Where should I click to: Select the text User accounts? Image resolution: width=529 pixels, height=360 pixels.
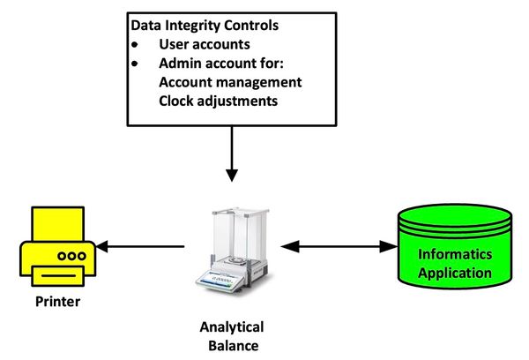(x=205, y=43)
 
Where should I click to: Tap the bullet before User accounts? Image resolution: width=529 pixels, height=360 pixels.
(x=135, y=44)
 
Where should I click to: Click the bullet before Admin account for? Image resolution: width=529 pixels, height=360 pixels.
(x=135, y=64)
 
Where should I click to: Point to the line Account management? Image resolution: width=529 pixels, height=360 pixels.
(x=230, y=82)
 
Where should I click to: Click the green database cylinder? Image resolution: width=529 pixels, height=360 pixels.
(x=454, y=251)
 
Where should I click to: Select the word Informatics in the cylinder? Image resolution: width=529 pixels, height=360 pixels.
(x=454, y=255)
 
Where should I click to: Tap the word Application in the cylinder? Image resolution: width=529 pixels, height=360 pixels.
(x=454, y=273)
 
